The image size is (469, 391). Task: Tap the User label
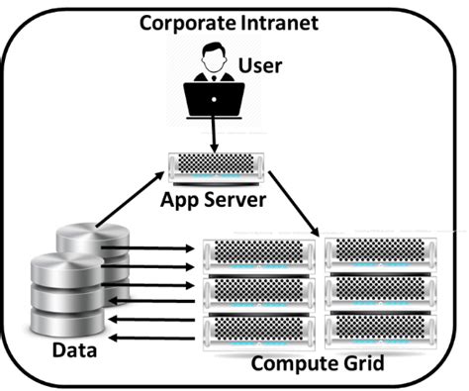260,66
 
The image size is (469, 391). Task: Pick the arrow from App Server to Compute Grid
295,204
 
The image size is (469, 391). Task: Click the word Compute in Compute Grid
290,363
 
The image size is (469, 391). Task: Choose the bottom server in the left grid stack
260,328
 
